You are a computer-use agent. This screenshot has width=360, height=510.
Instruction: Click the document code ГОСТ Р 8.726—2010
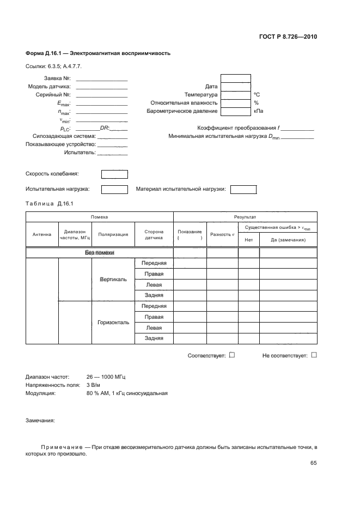coord(289,37)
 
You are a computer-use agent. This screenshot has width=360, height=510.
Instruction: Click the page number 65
coord(313,463)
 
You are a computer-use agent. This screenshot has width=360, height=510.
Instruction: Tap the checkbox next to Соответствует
coord(232,355)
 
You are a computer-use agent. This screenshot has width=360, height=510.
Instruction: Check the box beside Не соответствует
coord(314,355)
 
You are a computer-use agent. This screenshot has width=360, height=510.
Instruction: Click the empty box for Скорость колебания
coord(114,174)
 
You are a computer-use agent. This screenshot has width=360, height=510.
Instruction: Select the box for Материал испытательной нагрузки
coord(243,190)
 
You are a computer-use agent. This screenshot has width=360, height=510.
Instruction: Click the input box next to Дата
coord(236,87)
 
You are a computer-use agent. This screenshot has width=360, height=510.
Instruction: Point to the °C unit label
coord(257,95)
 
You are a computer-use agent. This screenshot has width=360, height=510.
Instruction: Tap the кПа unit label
coord(258,111)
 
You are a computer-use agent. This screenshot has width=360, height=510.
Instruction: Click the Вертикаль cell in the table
coord(113,280)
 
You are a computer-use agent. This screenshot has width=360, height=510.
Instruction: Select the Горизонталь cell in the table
coord(113,323)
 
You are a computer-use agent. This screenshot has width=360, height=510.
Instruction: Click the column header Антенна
coord(42,235)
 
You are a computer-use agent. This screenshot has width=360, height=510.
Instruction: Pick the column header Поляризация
coord(113,235)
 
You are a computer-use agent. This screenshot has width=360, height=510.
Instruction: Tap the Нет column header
coord(249,240)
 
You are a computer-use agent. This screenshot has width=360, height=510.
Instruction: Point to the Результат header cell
coord(245,217)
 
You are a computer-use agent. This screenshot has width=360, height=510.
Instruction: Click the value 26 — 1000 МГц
coord(106,377)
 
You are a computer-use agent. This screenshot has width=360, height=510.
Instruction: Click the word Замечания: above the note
coord(40,420)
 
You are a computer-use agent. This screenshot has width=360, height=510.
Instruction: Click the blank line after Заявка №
coord(102,79)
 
